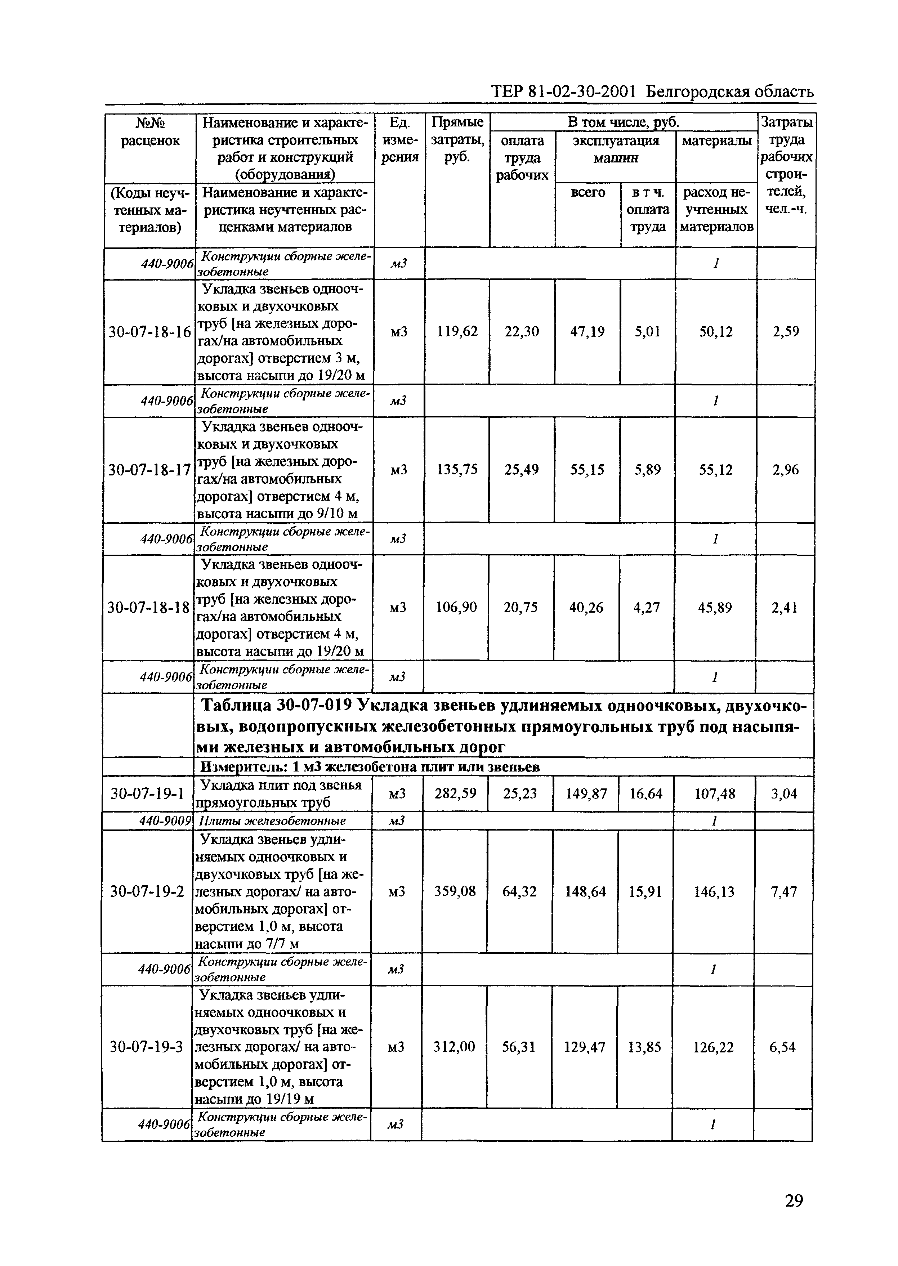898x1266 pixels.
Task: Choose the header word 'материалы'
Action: tap(716, 141)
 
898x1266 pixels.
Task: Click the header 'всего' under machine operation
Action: tap(588, 192)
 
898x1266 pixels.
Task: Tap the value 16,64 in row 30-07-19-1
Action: tap(646, 794)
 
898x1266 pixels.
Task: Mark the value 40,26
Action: tap(587, 608)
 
